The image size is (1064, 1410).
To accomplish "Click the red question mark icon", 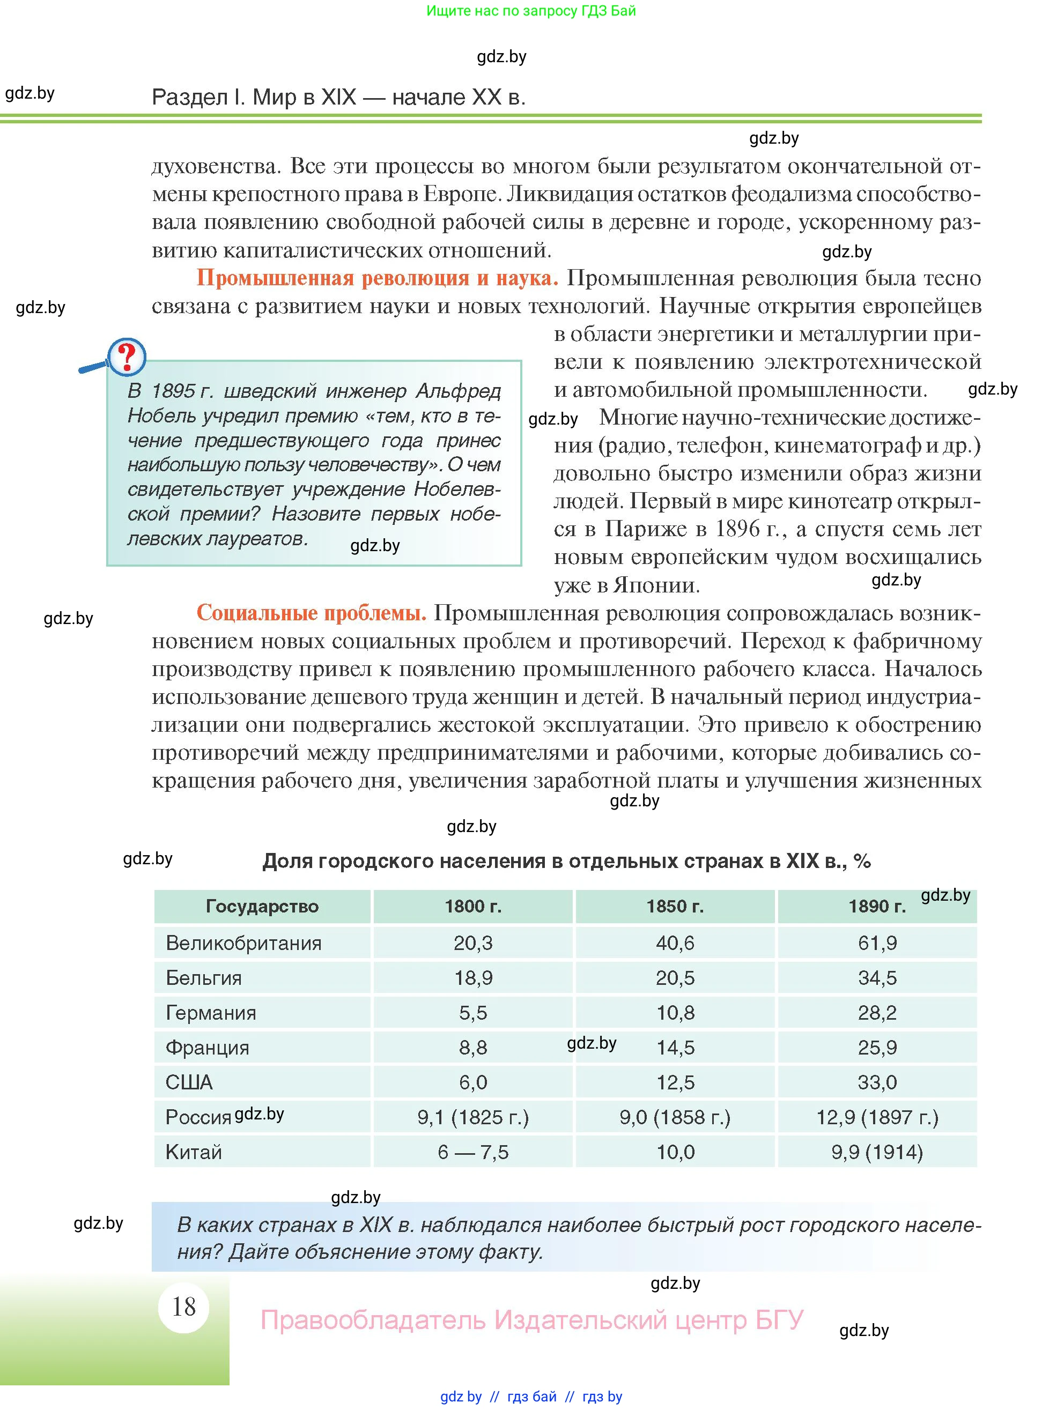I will [x=127, y=357].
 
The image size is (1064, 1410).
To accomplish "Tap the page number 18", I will [x=183, y=1307].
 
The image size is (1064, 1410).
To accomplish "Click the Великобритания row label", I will [x=243, y=943].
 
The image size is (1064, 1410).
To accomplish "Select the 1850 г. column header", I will [x=675, y=906].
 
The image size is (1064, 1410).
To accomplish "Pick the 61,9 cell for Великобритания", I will [x=877, y=943].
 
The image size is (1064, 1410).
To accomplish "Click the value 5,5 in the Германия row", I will [x=473, y=1012].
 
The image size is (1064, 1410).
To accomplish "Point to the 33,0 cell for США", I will [x=877, y=1082].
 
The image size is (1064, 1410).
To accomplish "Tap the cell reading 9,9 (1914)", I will [x=877, y=1152].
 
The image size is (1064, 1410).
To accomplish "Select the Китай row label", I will [x=194, y=1152].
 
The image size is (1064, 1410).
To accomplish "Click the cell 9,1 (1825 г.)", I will [x=473, y=1117].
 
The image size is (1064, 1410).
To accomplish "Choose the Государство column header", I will [x=262, y=906].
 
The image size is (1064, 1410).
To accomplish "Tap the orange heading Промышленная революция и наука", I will [x=377, y=278].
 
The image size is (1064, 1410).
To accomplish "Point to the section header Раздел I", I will [x=338, y=97].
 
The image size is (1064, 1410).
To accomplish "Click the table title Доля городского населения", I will [x=566, y=861].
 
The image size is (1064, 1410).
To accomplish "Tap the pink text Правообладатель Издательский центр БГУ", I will [x=531, y=1319].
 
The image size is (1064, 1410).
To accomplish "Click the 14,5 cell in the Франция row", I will [x=675, y=1047].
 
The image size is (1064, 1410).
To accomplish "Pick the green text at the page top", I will [x=531, y=11].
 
